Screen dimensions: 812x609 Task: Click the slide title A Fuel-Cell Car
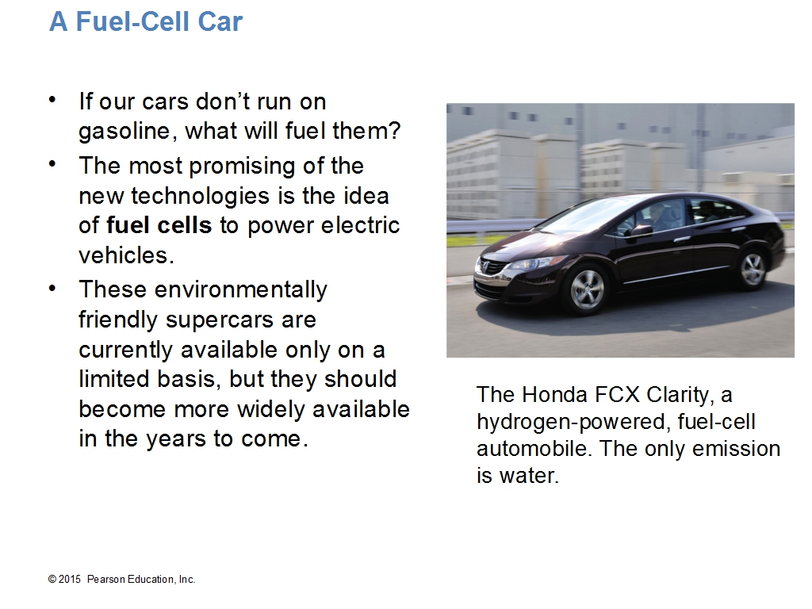[x=146, y=21]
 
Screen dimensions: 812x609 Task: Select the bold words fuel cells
[x=159, y=225]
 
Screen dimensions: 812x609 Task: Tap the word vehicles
[x=126, y=255]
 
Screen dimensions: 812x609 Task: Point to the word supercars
[x=220, y=320]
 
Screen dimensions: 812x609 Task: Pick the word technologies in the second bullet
[x=200, y=196]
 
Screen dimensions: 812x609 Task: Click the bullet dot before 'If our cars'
[x=52, y=100]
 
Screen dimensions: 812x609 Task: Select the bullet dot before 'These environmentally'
[x=52, y=288]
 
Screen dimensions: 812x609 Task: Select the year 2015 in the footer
[x=70, y=580]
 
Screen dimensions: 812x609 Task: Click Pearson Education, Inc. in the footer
[x=141, y=580]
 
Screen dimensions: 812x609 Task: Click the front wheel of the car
[x=586, y=289]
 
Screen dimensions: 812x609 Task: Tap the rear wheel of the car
[x=752, y=268]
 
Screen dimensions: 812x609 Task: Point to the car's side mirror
[x=641, y=231]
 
